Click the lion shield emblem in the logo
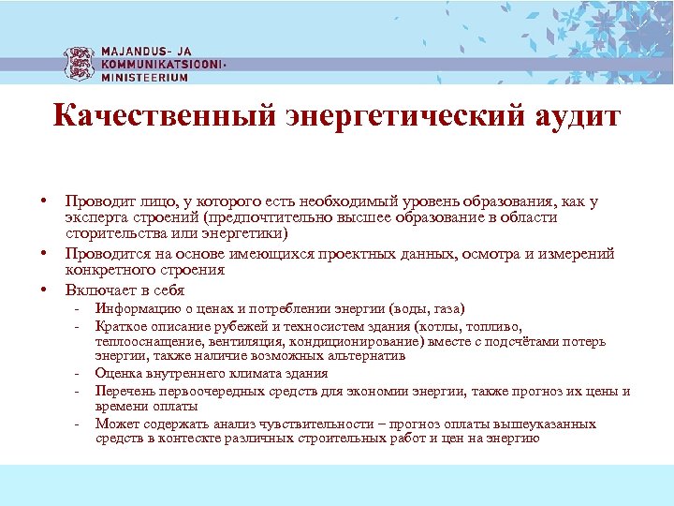[80, 63]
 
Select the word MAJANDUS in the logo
[135, 52]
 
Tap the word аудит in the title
[574, 117]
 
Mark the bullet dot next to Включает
[43, 290]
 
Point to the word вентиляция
[211, 342]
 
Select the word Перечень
[124, 391]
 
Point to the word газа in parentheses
[447, 309]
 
